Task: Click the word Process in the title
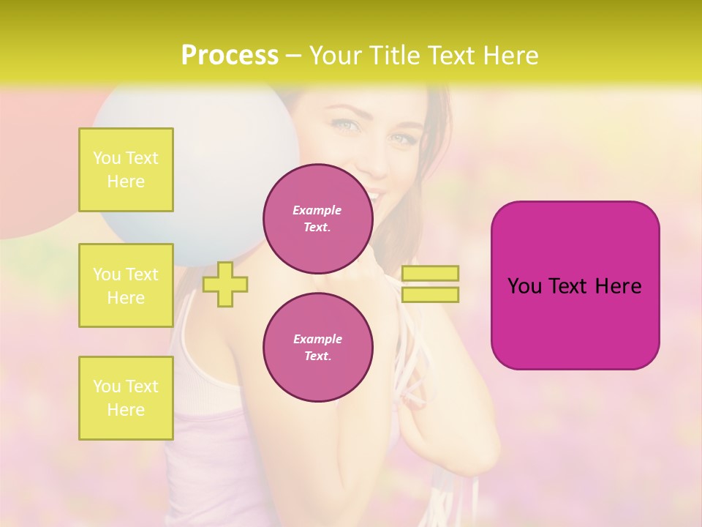click(x=229, y=56)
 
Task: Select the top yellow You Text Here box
click(x=126, y=170)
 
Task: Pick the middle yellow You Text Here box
click(x=126, y=285)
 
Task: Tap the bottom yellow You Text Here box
click(x=126, y=398)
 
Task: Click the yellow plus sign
click(x=225, y=284)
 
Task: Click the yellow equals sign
click(x=430, y=284)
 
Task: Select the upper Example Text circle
click(x=317, y=218)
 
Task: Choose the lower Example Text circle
click(x=317, y=347)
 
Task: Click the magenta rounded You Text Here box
click(x=575, y=285)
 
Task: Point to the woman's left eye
click(x=401, y=138)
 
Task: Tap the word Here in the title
click(x=512, y=56)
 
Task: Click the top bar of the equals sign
click(x=430, y=274)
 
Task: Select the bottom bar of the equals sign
click(x=430, y=294)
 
